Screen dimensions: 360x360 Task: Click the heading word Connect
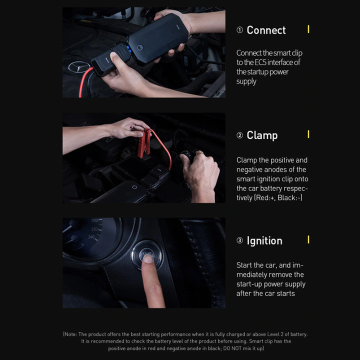[266, 30]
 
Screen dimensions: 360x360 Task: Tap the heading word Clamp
[262, 135]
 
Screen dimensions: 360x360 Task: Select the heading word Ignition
[264, 240]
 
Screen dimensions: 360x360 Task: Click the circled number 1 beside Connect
[239, 30]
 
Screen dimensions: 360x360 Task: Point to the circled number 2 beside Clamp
[239, 135]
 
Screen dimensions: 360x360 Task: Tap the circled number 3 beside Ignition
[239, 240]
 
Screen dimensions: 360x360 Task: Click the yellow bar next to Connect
[308, 29]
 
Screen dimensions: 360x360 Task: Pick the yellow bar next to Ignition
[308, 239]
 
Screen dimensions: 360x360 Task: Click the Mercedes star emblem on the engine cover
[79, 67]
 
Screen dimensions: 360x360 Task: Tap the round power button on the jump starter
[140, 48]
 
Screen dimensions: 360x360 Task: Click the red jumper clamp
[144, 143]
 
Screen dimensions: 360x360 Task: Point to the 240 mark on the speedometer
[91, 237]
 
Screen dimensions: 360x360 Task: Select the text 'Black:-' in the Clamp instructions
[290, 197]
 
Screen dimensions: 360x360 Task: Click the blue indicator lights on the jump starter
[129, 49]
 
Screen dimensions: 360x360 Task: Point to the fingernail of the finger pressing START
[147, 259]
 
